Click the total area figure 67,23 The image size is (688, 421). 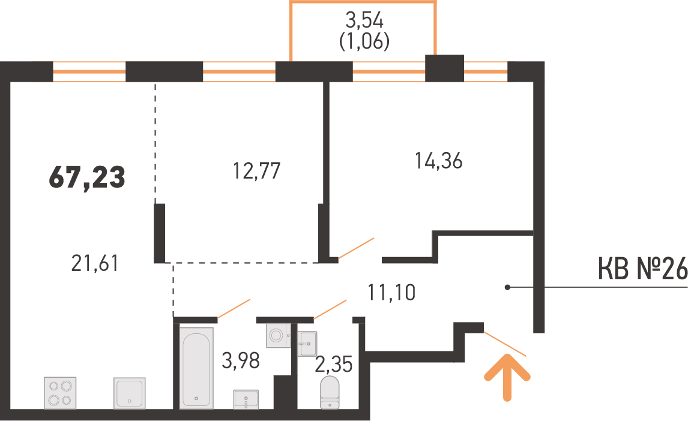point(87,178)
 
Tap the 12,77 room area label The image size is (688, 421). point(257,171)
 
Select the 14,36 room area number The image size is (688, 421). point(439,161)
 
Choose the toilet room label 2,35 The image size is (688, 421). point(333,364)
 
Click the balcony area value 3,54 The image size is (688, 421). point(364,21)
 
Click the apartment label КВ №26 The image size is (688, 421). point(642,270)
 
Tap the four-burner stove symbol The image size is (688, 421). point(60,393)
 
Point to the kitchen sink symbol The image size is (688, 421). point(130,393)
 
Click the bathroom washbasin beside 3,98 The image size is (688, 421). point(246,399)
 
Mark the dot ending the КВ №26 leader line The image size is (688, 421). point(507,288)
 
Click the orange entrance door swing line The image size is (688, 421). point(505,344)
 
